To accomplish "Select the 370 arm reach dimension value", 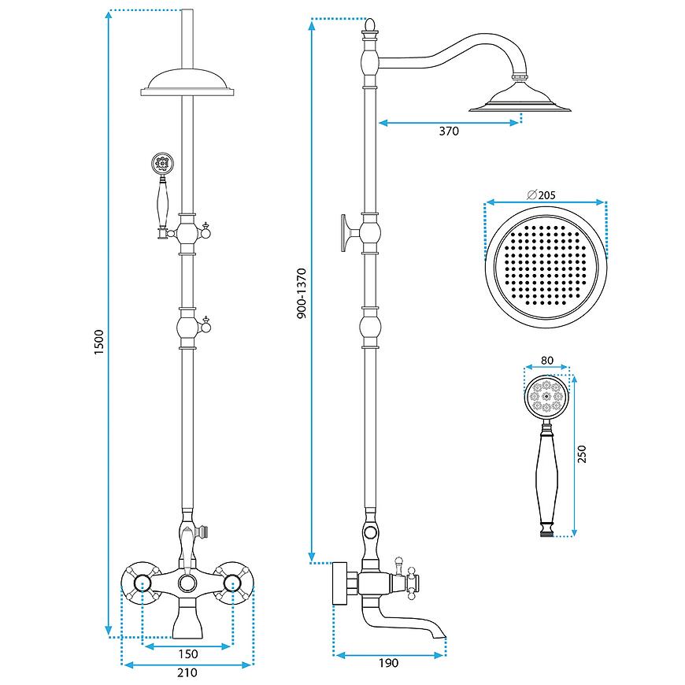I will pyautogui.click(x=448, y=132).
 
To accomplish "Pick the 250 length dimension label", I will pyautogui.click(x=583, y=455).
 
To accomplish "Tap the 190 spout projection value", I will pyautogui.click(x=388, y=663).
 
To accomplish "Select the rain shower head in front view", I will pyautogui.click(x=187, y=83).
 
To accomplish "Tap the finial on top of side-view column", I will pyautogui.click(x=368, y=30).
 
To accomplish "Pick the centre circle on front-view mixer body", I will pyautogui.click(x=187, y=583).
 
